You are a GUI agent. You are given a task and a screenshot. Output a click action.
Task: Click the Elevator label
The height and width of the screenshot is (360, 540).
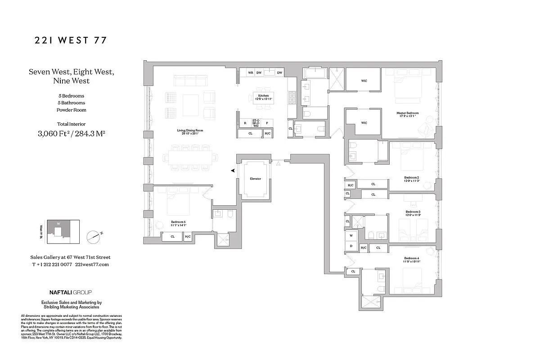pyautogui.click(x=256, y=179)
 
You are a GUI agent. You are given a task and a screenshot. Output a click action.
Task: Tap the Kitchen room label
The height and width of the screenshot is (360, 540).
pyautogui.click(x=264, y=96)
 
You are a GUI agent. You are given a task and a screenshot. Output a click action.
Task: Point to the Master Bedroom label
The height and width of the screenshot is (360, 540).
pyautogui.click(x=407, y=113)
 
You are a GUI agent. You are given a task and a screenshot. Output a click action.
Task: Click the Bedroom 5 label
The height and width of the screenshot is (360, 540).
pyautogui.click(x=178, y=222)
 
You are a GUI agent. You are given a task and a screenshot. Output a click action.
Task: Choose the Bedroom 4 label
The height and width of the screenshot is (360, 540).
pyautogui.click(x=412, y=259)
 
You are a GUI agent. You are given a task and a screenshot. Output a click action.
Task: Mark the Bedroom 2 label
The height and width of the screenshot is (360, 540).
pyautogui.click(x=412, y=177)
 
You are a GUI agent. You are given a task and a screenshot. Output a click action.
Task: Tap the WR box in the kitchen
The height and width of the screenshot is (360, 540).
pyautogui.click(x=250, y=73)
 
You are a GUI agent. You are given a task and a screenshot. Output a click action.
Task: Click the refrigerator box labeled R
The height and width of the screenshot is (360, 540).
pyautogui.click(x=245, y=122)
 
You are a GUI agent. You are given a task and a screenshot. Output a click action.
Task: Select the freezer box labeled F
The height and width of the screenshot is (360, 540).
pyautogui.click(x=267, y=122)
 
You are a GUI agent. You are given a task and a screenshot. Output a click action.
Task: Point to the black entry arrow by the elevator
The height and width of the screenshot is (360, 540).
pyautogui.click(x=233, y=171)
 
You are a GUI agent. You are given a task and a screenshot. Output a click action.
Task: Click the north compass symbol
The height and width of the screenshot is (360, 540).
pyautogui.click(x=94, y=235)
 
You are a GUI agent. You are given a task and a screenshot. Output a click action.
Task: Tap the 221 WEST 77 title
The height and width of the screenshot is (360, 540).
pyautogui.click(x=71, y=40)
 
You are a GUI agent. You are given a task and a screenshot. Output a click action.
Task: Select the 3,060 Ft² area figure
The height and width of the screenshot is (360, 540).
pyautogui.click(x=54, y=133)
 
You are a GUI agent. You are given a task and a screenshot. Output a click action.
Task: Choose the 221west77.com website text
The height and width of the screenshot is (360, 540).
pyautogui.click(x=92, y=265)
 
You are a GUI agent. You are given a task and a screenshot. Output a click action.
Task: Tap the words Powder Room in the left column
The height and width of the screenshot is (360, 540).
pyautogui.click(x=71, y=110)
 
